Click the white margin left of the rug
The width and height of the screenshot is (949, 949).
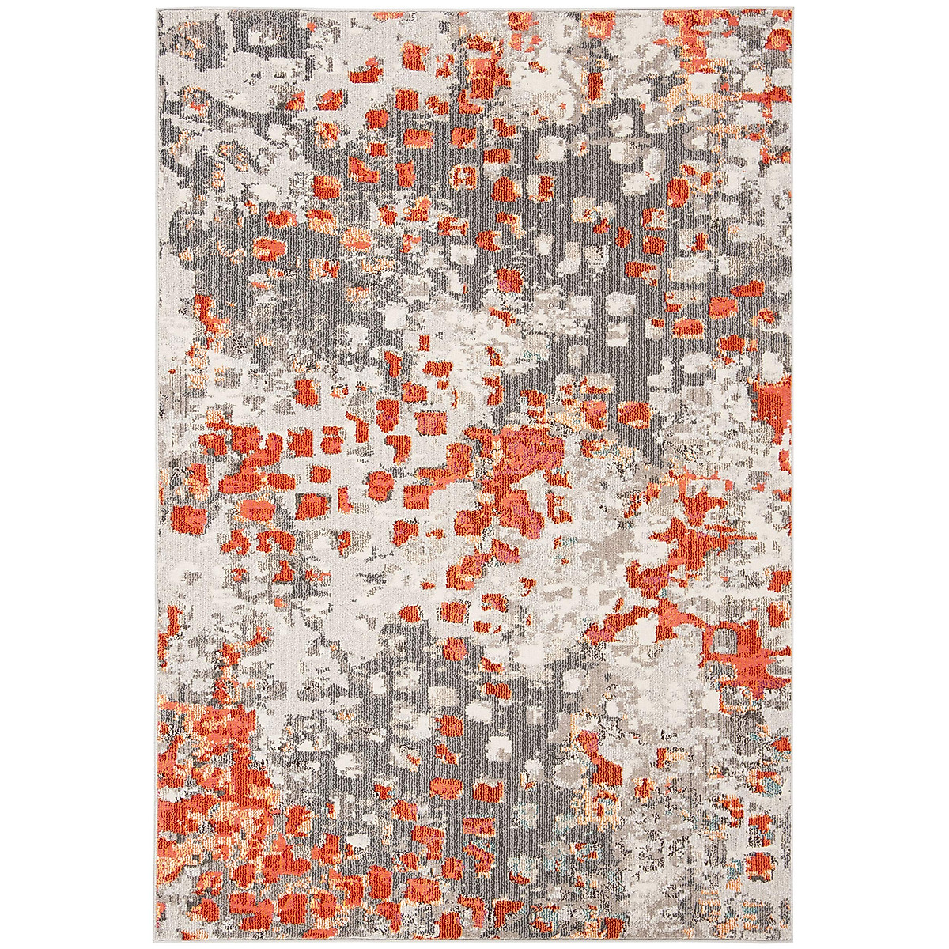[79, 475]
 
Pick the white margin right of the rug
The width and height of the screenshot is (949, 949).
[870, 475]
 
